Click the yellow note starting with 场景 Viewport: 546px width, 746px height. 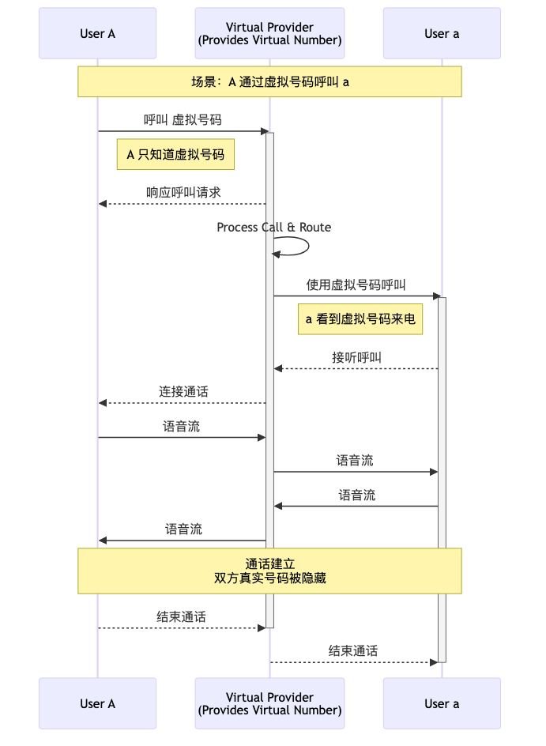(269, 82)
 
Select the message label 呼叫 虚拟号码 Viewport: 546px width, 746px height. (183, 119)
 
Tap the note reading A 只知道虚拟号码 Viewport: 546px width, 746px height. (175, 154)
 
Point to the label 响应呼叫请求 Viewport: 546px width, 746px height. (183, 192)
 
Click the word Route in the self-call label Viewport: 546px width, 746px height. (314, 228)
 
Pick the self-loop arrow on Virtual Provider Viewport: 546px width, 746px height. (308, 246)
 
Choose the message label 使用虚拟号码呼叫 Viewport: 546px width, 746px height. (356, 284)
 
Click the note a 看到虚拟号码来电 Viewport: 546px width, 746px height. (360, 319)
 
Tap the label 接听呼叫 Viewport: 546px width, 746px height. (356, 357)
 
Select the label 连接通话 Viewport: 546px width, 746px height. (183, 391)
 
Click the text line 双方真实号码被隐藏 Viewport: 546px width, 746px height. (269, 578)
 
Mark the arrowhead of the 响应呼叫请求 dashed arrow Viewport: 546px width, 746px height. (102, 204)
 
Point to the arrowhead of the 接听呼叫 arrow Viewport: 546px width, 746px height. (278, 368)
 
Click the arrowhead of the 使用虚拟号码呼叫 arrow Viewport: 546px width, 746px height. (437, 296)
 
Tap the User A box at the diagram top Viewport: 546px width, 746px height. (97, 33)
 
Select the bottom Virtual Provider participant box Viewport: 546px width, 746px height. (269, 703)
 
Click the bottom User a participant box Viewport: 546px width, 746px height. (442, 703)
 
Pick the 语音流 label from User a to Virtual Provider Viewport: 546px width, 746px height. (356, 495)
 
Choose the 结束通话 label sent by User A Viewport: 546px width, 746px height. (181, 617)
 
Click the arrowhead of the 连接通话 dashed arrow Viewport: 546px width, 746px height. (102, 403)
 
